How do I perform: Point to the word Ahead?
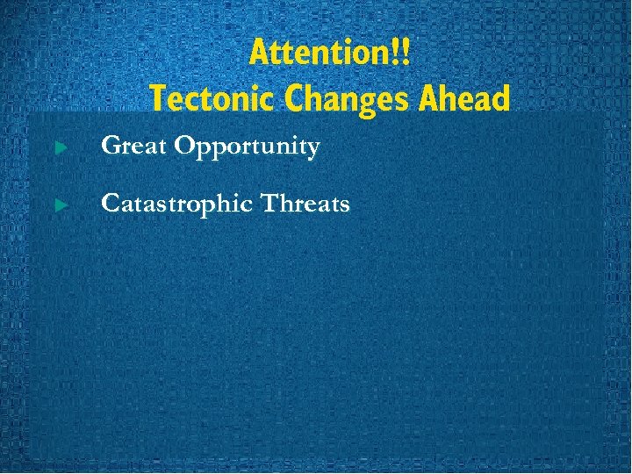tap(464, 98)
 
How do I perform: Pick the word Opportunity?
tap(247, 147)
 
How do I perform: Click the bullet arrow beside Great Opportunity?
tap(61, 147)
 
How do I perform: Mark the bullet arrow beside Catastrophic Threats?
tap(61, 205)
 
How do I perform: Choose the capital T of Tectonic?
tap(158, 98)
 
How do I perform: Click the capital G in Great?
tap(111, 146)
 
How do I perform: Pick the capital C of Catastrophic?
tap(111, 205)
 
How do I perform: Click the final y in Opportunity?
tap(312, 149)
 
